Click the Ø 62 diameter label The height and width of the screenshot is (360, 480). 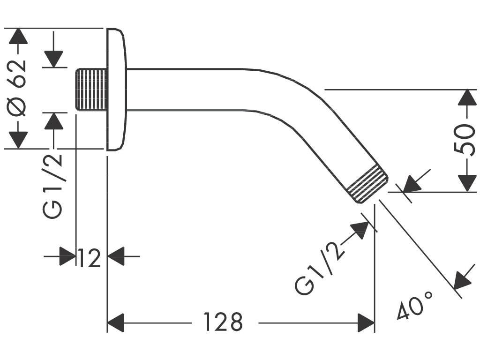click(18, 88)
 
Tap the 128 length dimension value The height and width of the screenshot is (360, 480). click(223, 322)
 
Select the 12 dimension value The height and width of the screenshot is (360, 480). click(90, 257)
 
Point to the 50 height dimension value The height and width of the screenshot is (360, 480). click(465, 140)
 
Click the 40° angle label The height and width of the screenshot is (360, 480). click(415, 305)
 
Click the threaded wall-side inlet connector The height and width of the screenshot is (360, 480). click(91, 90)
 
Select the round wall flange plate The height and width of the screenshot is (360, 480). click(116, 89)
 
